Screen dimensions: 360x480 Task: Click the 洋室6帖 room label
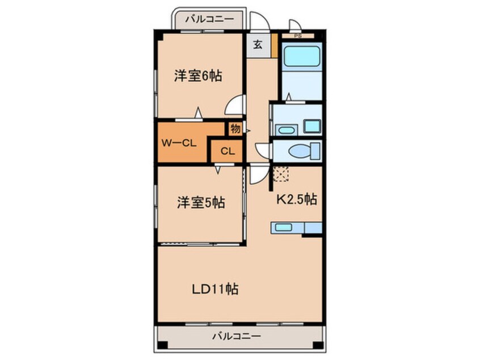[x=197, y=75]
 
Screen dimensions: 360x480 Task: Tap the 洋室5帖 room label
[x=200, y=203]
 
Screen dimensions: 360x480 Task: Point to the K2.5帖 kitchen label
[x=296, y=199]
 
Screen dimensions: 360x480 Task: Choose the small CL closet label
[x=227, y=151]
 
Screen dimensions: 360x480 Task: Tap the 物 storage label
[x=235, y=129]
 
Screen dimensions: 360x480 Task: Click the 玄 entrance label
[x=257, y=45]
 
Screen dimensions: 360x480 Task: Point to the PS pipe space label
[x=297, y=36]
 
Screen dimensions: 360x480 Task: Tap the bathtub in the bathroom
[x=302, y=56]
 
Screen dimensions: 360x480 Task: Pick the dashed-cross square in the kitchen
[x=280, y=174]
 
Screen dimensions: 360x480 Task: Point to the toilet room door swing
[x=264, y=150]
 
